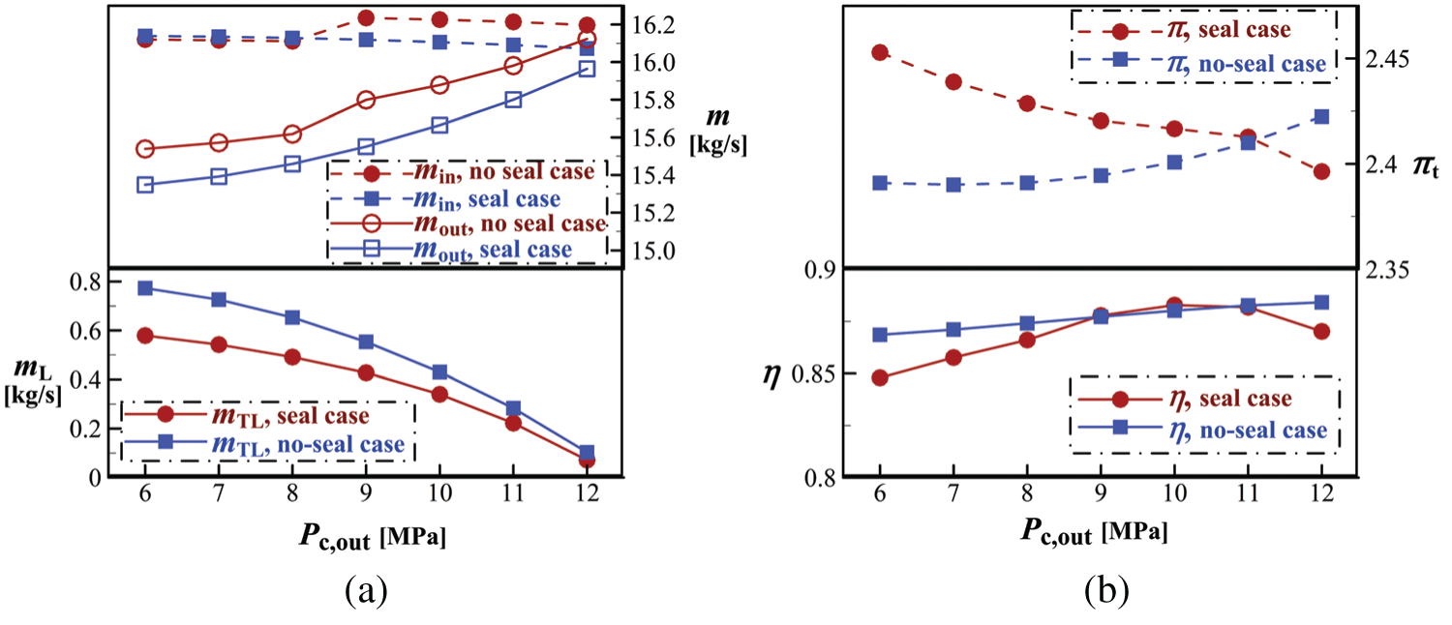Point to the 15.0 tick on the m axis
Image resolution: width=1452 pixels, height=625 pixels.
click(x=659, y=250)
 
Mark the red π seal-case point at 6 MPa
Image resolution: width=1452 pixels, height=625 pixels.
click(x=880, y=52)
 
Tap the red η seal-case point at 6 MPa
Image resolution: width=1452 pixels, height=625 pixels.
click(x=880, y=377)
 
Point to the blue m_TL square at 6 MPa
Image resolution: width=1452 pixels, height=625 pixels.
click(x=145, y=288)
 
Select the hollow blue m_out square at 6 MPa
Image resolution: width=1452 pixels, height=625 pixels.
click(x=145, y=185)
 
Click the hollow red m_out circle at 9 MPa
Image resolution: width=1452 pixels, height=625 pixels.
click(x=366, y=100)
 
